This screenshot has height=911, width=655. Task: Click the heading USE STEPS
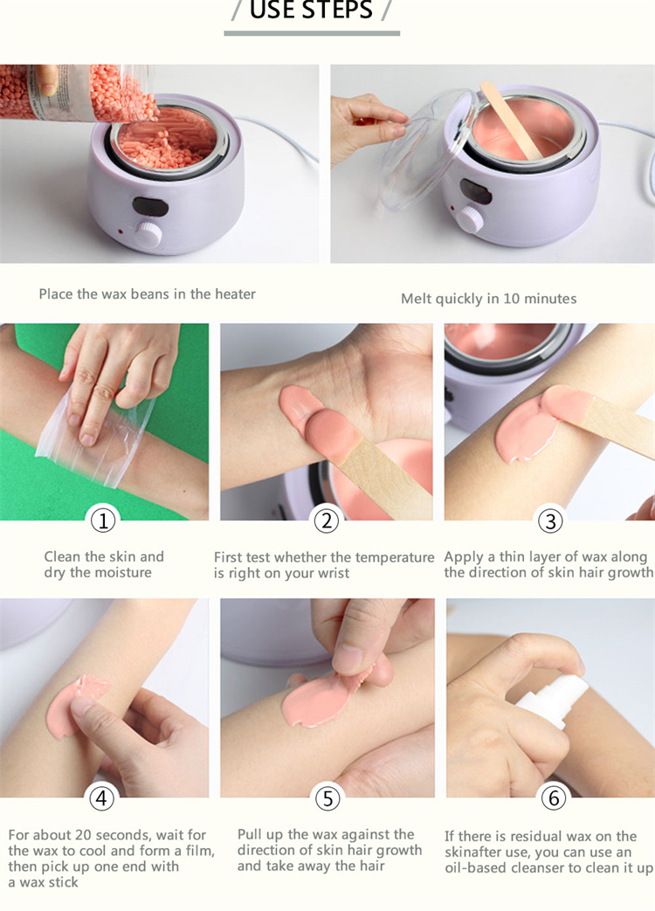[311, 10]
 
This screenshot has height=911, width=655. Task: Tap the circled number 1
[103, 520]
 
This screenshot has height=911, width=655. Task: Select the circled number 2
[327, 521]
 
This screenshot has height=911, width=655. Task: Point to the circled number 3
[550, 521]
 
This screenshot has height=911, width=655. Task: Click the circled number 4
[101, 798]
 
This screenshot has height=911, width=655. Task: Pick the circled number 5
[327, 798]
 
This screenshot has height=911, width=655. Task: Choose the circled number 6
[554, 798]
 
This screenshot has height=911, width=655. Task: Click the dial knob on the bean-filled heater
[148, 234]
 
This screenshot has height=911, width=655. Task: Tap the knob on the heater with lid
[471, 219]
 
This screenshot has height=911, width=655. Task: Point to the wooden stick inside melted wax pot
[511, 119]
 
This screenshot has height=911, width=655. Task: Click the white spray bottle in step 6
[553, 700]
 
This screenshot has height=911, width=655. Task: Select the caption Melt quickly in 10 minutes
[489, 299]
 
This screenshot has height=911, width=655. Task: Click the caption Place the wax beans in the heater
[147, 294]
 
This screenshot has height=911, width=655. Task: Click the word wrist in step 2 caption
[333, 574]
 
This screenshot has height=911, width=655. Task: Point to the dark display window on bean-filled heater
[150, 206]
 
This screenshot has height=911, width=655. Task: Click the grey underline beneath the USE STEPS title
[312, 34]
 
